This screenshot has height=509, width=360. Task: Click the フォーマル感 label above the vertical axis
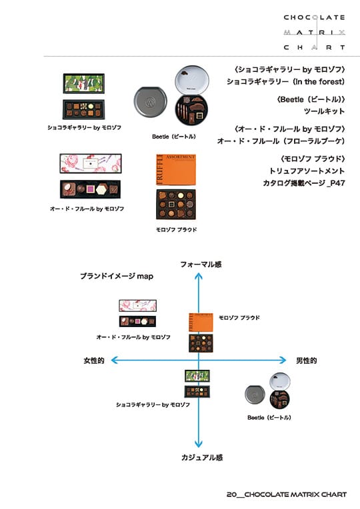coord(201,264)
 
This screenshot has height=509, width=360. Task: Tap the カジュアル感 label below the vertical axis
coord(202,458)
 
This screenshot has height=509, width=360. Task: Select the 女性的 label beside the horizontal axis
coord(94,360)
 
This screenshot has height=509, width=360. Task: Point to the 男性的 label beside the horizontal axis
coord(307,360)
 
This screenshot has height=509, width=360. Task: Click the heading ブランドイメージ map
coord(117,276)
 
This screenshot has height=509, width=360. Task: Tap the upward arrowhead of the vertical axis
coord(199,276)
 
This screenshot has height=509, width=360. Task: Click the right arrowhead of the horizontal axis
coord(283,360)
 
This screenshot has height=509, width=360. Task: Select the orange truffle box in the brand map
coord(201,322)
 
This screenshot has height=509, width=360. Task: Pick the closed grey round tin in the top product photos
coord(150,101)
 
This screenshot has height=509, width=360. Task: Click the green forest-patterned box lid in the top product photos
coord(84,83)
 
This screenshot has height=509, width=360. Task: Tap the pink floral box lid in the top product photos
coord(91,163)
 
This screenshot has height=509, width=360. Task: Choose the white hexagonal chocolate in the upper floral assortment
coord(102,190)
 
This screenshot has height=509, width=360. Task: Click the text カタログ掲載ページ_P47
coord(304,183)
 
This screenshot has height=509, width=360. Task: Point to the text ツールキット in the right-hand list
coord(324,111)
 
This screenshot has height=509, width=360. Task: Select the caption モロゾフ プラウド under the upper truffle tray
coord(177,229)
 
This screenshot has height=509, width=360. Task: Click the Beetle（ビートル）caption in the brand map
coord(269,418)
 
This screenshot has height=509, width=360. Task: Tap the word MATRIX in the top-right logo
coord(314,33)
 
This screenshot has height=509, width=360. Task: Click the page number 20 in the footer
coord(231,494)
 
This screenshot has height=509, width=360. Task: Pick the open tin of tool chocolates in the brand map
coord(280,399)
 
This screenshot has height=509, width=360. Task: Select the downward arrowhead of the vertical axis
coord(199,444)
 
